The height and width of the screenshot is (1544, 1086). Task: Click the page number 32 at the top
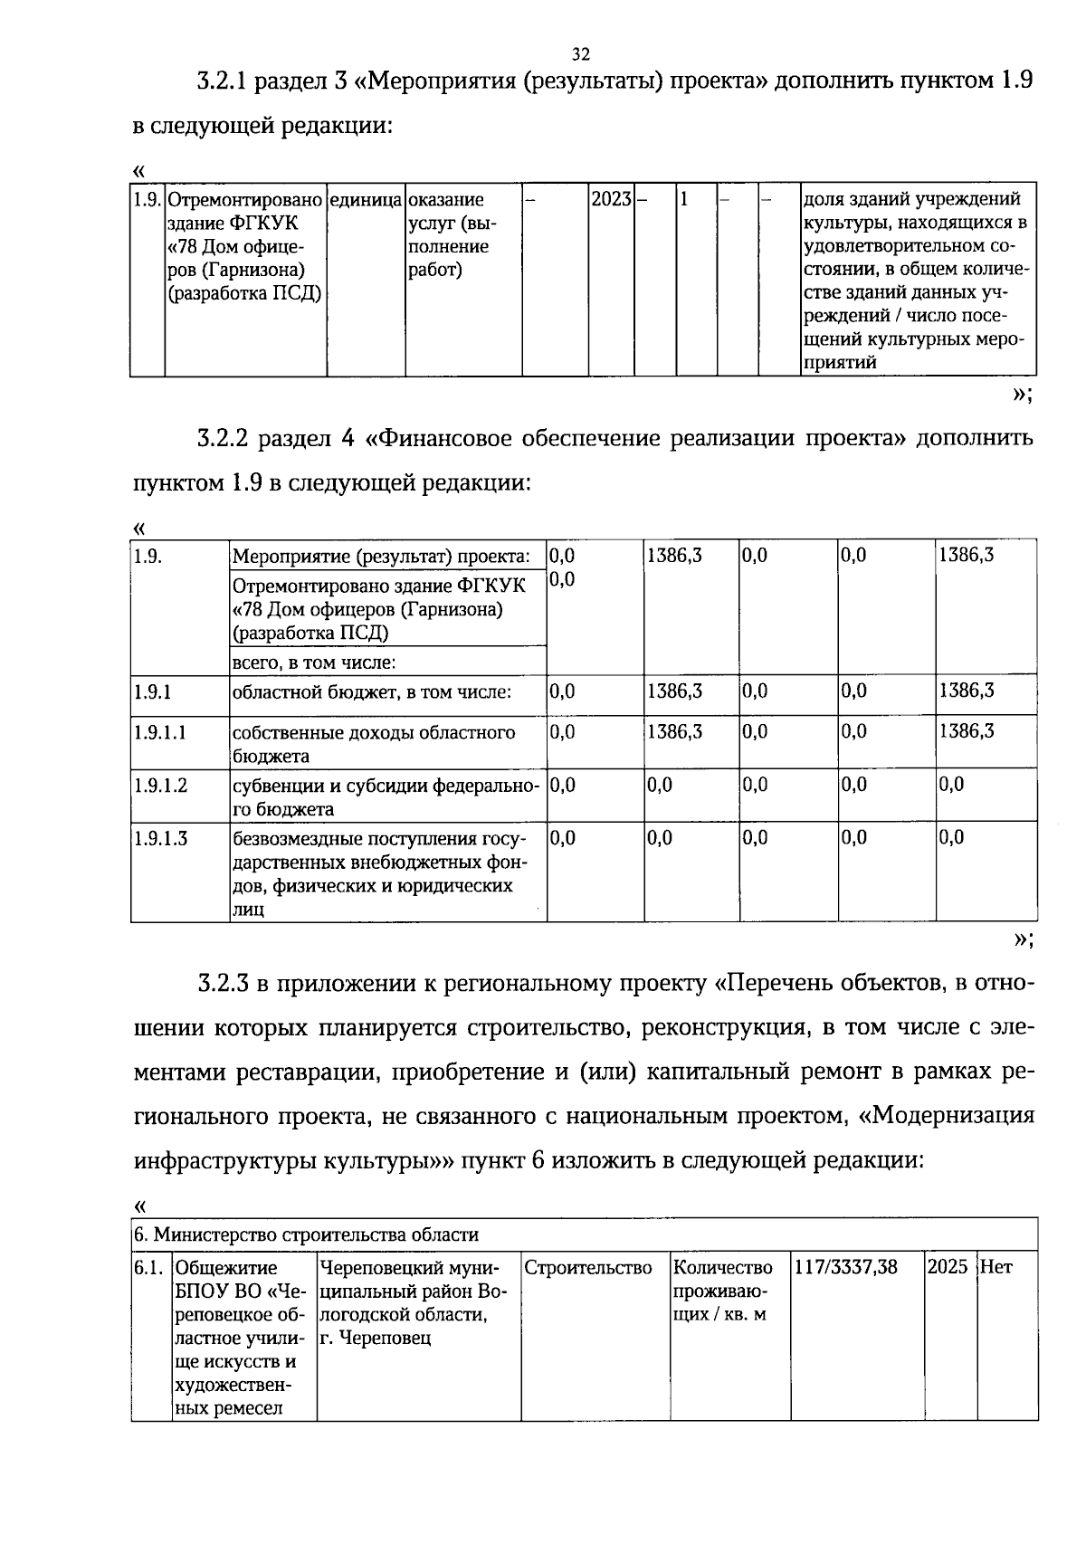[581, 53]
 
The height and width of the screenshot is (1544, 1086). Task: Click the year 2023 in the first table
[610, 199]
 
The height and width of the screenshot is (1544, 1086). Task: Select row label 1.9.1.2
[160, 786]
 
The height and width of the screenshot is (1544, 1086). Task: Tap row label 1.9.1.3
[160, 838]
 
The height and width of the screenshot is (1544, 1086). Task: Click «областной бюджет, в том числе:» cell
[372, 693]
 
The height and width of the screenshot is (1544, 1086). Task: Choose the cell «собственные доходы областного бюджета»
[373, 743]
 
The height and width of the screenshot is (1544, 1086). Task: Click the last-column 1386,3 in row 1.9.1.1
[966, 731]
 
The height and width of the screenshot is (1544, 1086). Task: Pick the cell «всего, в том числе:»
[314, 662]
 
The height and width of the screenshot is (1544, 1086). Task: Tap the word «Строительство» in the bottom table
[588, 1267]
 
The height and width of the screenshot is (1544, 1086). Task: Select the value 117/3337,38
[845, 1267]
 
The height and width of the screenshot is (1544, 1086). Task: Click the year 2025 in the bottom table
[948, 1267]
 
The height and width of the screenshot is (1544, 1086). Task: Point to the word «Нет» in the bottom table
[996, 1267]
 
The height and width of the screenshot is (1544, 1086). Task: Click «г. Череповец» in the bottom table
[376, 1338]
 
